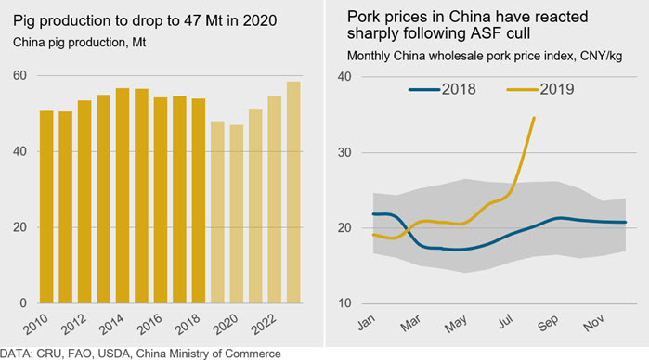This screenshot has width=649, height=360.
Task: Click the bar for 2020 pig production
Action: click(237, 214)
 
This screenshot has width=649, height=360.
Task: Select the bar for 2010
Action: click(46, 207)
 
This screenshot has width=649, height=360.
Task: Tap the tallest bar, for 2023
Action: click(294, 192)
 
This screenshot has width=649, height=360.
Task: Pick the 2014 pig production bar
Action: click(123, 196)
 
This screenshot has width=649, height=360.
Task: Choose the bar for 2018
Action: click(199, 200)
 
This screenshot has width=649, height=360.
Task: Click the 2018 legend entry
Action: click(442, 89)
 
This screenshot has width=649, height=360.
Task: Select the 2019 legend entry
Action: click(540, 89)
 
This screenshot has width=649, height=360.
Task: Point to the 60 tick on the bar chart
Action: click(19, 75)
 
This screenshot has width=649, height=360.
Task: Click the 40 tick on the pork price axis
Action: click(344, 77)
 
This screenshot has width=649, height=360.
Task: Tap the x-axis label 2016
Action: click(149, 324)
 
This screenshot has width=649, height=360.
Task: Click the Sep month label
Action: click(548, 323)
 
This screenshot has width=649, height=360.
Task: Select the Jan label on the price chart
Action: click(367, 322)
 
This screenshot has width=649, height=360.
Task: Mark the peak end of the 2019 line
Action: click(534, 118)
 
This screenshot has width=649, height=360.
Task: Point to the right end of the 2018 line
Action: click(625, 222)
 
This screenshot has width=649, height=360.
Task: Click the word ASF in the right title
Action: click(485, 33)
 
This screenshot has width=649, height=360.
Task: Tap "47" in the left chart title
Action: click(192, 20)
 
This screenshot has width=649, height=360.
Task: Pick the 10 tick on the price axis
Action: click(344, 303)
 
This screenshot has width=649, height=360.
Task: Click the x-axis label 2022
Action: click(264, 324)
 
